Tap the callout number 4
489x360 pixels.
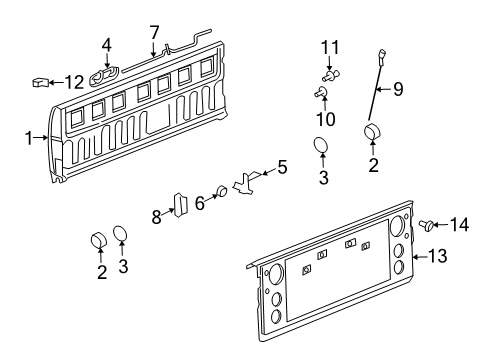click(107, 44)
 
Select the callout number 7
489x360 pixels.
click(154, 31)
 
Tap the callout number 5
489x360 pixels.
click(282, 169)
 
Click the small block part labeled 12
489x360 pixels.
click(42, 81)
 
